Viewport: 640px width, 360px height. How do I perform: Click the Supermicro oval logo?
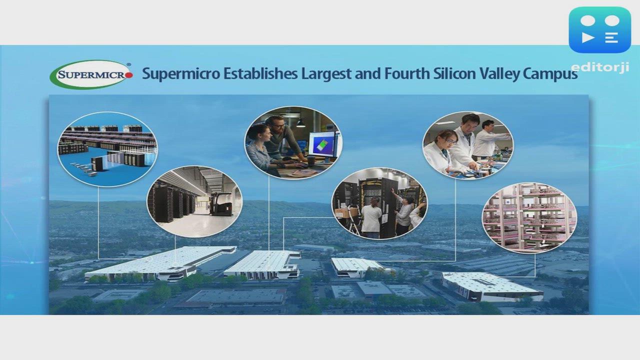point(91,75)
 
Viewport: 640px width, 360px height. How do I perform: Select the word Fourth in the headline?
point(404,73)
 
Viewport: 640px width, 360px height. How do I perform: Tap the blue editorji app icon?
point(599,30)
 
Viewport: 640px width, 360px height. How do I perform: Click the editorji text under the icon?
point(599,67)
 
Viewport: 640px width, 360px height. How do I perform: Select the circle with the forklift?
point(194,201)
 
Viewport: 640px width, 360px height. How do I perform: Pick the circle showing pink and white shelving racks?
point(529,217)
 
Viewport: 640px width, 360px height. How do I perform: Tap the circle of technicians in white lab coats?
point(467,145)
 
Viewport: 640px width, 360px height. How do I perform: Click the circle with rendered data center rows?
point(107,149)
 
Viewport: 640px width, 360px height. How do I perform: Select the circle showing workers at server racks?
point(379,203)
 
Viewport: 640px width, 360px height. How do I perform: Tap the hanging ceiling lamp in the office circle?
point(300,122)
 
